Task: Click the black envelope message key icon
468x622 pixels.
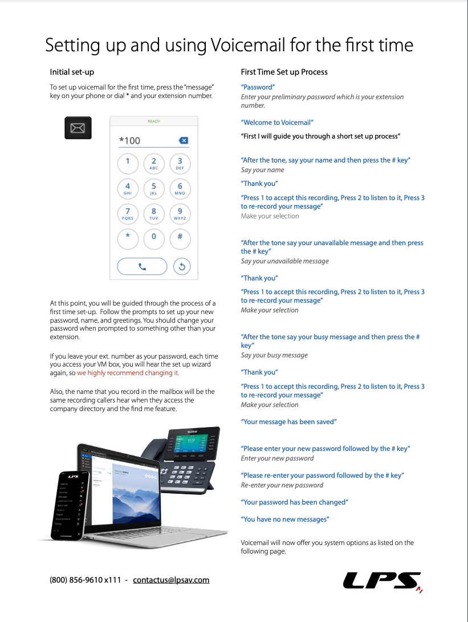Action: pyautogui.click(x=78, y=128)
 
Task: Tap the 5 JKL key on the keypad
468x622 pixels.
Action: pyautogui.click(x=153, y=188)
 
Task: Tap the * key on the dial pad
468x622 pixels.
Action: pyautogui.click(x=128, y=238)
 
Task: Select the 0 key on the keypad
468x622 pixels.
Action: pyautogui.click(x=153, y=238)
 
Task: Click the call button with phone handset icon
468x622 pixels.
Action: pyautogui.click(x=142, y=266)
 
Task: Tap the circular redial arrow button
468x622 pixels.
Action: pyautogui.click(x=181, y=266)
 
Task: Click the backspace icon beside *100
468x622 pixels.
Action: pyautogui.click(x=183, y=140)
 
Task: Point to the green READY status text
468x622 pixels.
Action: pyautogui.click(x=154, y=121)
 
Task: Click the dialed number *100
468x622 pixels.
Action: pyautogui.click(x=129, y=141)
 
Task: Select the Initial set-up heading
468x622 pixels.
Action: pyautogui.click(x=72, y=72)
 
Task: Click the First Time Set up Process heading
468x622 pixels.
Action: pyautogui.click(x=284, y=72)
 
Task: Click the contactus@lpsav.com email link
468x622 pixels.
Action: pyautogui.click(x=171, y=580)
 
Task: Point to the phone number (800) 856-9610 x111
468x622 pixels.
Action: pyautogui.click(x=86, y=580)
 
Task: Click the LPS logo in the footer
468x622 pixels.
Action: pyautogui.click(x=382, y=580)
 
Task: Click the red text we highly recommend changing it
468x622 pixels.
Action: pyautogui.click(x=128, y=373)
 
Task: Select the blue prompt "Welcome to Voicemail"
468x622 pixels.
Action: pyautogui.click(x=277, y=123)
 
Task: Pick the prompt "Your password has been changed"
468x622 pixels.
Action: pyautogui.click(x=294, y=502)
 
